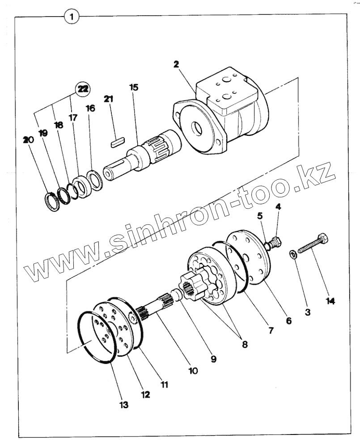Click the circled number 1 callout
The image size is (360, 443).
point(72,17)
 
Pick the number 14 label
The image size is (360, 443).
point(330,301)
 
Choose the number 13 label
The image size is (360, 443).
point(124,405)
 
